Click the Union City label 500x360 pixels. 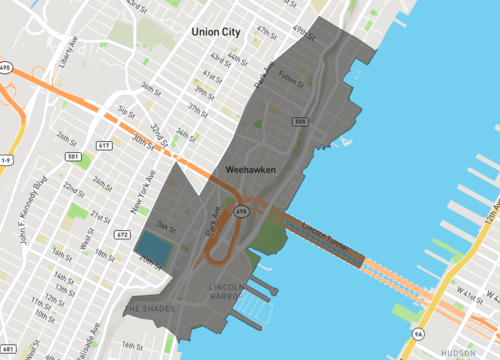pos(216,33)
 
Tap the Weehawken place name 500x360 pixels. pos(250,170)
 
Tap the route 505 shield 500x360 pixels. pos(300,121)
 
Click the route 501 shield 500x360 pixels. pos(73,156)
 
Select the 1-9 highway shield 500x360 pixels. pos(6,159)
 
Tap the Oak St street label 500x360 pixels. pos(166,226)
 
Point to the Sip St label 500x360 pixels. pos(126,111)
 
